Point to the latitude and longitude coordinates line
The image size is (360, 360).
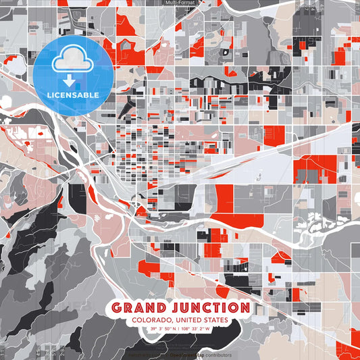click(x=180, y=329)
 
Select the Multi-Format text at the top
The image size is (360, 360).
click(x=180, y=3)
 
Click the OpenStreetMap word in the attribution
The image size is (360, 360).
click(x=184, y=354)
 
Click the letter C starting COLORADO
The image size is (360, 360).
click(x=134, y=320)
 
